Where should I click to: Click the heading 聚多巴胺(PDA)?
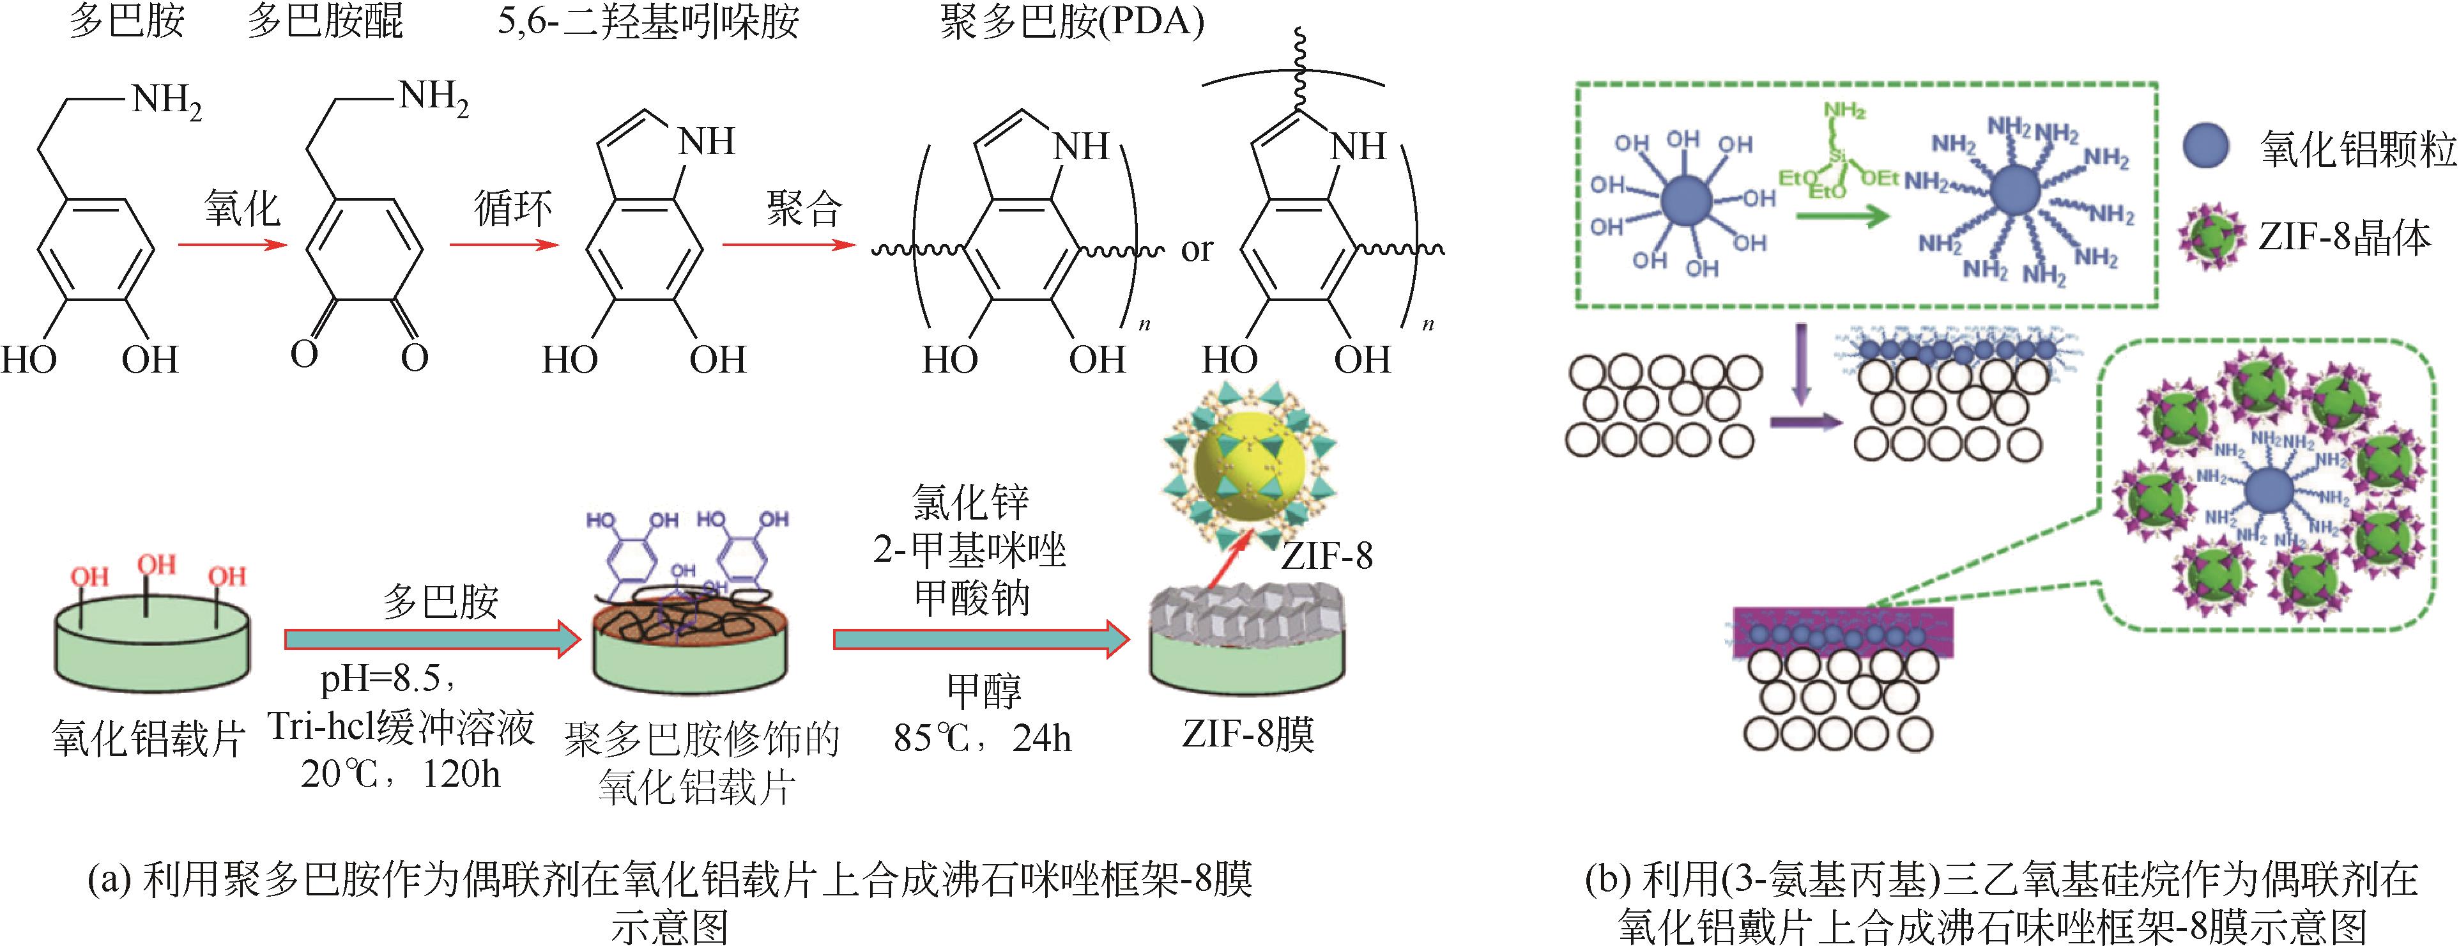[x=1071, y=21]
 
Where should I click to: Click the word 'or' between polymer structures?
[x=1196, y=250]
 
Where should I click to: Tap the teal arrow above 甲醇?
[x=981, y=638]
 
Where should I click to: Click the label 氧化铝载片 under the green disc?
[x=148, y=738]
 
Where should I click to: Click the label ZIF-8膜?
[x=1248, y=735]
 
